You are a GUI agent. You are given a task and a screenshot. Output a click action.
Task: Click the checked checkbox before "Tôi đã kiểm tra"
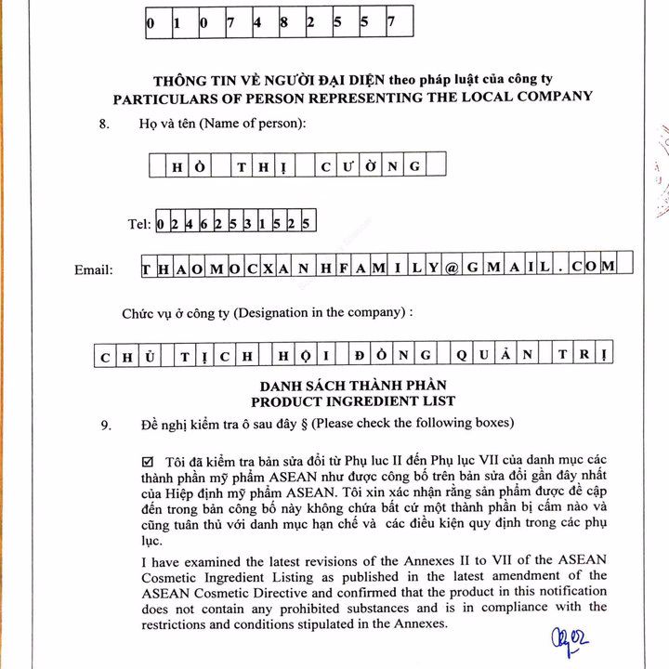(149, 462)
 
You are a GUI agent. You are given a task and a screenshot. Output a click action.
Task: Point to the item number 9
(106, 425)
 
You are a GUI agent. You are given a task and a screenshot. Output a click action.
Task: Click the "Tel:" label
(139, 224)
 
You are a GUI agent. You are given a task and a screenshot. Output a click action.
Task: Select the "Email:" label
(94, 269)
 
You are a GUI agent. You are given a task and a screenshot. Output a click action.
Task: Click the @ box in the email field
(453, 267)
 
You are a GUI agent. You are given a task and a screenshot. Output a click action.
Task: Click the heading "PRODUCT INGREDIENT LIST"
(354, 400)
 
